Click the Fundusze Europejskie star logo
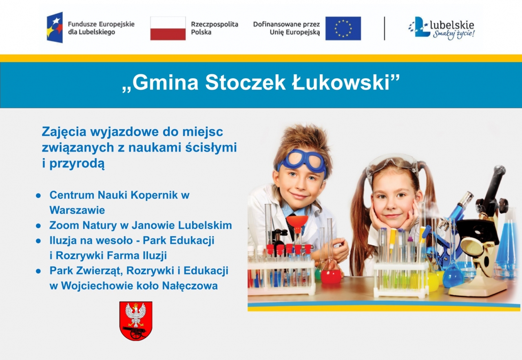click(x=55, y=27)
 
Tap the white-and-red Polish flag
click(x=168, y=29)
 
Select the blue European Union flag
click(x=343, y=29)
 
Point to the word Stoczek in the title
click(x=245, y=83)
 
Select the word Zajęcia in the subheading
click(x=64, y=133)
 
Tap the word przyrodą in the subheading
click(x=77, y=164)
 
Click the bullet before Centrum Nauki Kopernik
click(x=38, y=196)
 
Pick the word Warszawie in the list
click(x=77, y=210)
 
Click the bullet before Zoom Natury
click(x=38, y=226)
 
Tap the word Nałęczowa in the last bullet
click(x=190, y=286)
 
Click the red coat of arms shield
click(x=136, y=321)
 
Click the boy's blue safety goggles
click(x=302, y=161)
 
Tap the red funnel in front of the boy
click(x=297, y=223)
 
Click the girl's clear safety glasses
click(x=392, y=166)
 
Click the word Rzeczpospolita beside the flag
click(x=215, y=24)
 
